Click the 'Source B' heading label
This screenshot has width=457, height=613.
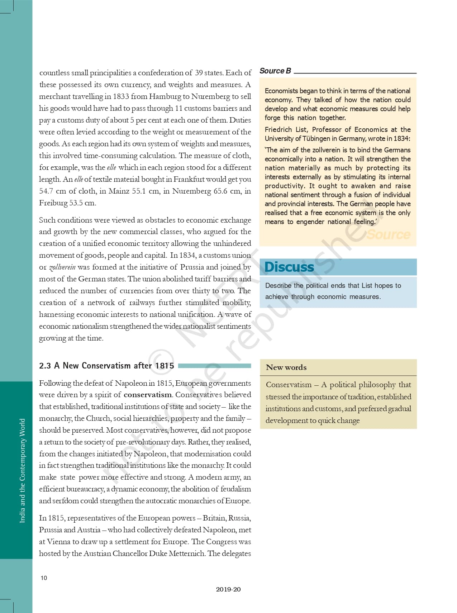275,71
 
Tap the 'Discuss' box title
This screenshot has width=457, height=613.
289,267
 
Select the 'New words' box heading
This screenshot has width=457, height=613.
286,367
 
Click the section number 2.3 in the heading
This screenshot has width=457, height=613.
45,366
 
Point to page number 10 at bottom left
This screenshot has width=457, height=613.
44,578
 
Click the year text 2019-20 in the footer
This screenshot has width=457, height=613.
228,589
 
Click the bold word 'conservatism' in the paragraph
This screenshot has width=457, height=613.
147,395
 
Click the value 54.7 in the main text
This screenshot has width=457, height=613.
47,191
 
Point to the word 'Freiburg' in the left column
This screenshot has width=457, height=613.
53,203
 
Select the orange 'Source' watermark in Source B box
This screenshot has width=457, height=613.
389,234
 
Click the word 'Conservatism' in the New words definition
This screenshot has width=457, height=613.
289,385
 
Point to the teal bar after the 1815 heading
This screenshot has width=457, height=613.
214,366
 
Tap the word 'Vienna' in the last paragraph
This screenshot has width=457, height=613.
58,542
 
